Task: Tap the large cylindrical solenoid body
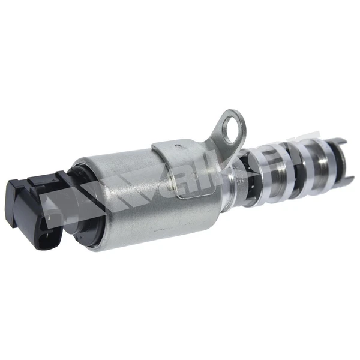(144, 192)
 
